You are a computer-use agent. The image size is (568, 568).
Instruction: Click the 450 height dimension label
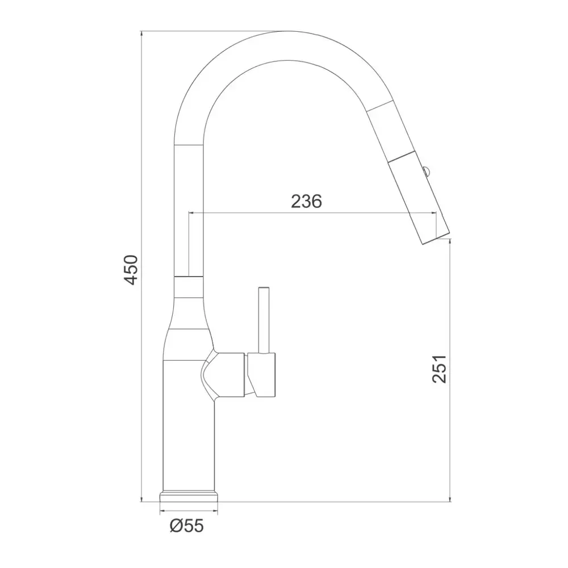click(131, 269)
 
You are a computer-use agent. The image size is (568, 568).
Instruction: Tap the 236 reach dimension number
click(307, 202)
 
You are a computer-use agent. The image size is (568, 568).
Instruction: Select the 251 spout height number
click(440, 369)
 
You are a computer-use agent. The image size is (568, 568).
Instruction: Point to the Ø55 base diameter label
click(187, 525)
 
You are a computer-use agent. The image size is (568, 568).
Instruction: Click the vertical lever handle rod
click(264, 320)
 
